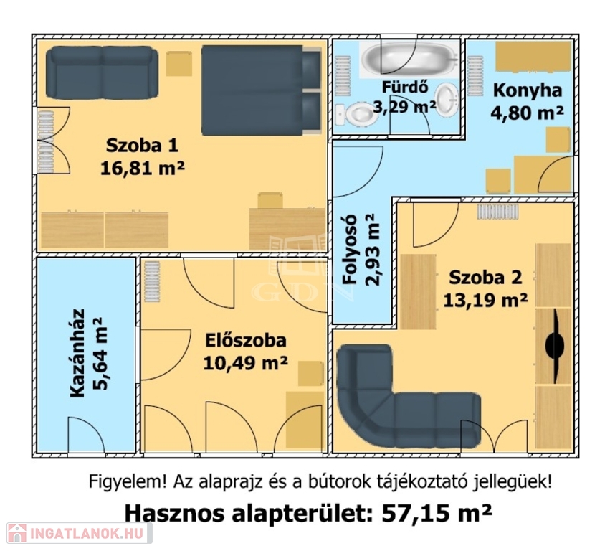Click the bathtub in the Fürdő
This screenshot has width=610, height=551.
pyautogui.click(x=409, y=58)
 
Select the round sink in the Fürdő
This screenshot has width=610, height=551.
pyautogui.click(x=447, y=100)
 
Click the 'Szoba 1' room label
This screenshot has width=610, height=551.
pyautogui.click(x=142, y=146)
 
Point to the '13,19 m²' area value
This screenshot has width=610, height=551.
pyautogui.click(x=485, y=300)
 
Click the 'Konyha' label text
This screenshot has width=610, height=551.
pyautogui.click(x=528, y=90)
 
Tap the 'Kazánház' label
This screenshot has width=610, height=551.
pyautogui.click(x=77, y=353)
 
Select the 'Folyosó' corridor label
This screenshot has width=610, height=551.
pyautogui.click(x=350, y=249)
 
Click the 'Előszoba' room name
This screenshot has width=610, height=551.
pyautogui.click(x=245, y=340)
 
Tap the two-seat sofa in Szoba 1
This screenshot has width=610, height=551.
pyautogui.click(x=102, y=72)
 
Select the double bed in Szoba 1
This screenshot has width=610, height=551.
pyautogui.click(x=262, y=90)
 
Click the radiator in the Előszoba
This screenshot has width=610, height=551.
pyautogui.click(x=152, y=281)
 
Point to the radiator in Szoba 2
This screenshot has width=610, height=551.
pyautogui.click(x=498, y=212)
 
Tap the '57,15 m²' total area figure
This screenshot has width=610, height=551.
pyautogui.click(x=437, y=513)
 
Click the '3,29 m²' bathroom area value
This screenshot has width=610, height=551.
pyautogui.click(x=404, y=106)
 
